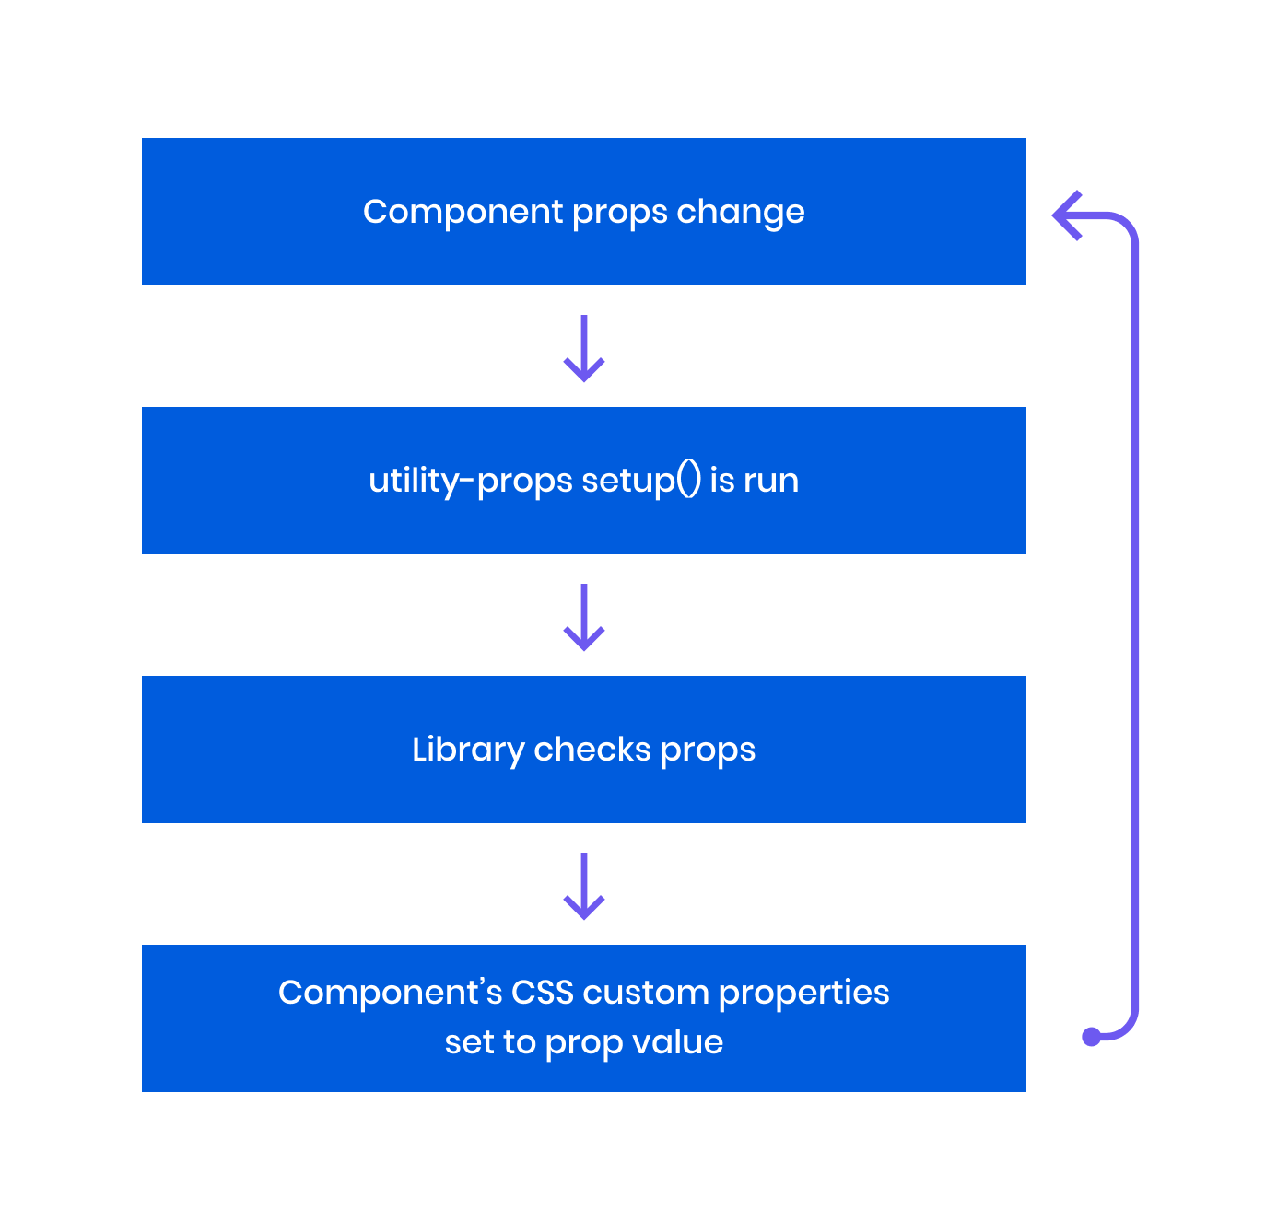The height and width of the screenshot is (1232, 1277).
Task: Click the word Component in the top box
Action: coord(463,212)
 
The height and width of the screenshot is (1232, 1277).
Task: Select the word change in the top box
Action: coord(741,212)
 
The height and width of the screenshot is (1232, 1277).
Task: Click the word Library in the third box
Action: coord(467,750)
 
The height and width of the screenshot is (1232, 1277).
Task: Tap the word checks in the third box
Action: coord(592,750)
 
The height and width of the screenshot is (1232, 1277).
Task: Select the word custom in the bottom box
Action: coord(645,993)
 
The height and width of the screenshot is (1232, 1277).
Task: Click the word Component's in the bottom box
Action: coord(390,993)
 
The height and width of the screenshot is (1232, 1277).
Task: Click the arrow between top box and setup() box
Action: coord(584,349)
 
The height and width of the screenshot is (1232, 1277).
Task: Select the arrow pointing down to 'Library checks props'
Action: coord(584,618)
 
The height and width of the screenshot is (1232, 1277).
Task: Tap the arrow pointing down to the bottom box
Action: coord(584,887)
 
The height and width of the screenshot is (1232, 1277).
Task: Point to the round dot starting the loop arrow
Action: coord(1092,1037)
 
